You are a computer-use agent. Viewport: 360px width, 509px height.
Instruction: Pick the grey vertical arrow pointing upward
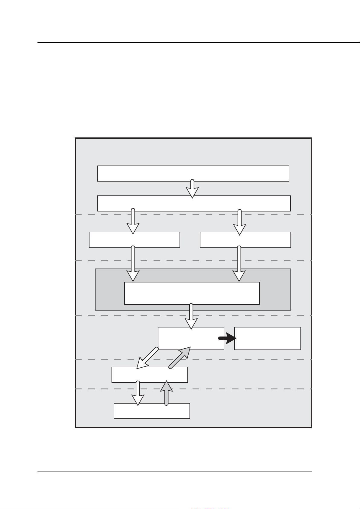tap(166, 393)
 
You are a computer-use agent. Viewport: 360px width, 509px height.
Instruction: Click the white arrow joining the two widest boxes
tap(192, 189)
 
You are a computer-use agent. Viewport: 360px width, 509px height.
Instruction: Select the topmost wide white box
tap(193, 173)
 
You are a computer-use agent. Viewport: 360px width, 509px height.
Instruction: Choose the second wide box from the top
tap(193, 203)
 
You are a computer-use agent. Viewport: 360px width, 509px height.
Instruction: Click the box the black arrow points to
tap(268, 338)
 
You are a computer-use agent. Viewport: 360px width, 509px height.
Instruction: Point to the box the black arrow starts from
tap(191, 338)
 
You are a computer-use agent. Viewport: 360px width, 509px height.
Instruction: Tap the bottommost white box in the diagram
tap(152, 411)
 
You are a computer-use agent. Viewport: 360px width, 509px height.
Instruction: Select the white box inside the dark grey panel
tap(192, 293)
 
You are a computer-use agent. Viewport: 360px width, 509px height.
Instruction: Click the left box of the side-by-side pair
tap(135, 240)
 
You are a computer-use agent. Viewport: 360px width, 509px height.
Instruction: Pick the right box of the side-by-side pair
tap(245, 240)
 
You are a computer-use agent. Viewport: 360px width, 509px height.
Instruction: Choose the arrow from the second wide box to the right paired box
tap(240, 222)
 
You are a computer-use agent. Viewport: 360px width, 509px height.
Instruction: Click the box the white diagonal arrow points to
tap(150, 375)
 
